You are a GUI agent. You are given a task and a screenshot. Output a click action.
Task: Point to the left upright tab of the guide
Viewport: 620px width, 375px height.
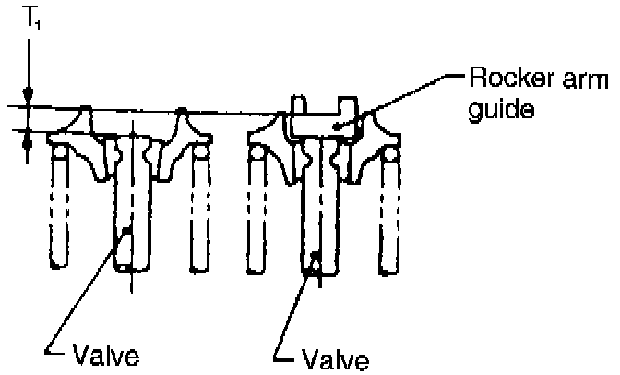[298, 103]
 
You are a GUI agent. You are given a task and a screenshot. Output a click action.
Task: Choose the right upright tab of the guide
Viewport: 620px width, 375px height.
[347, 103]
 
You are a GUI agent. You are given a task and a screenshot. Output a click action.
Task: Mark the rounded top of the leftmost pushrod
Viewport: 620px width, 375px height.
[61, 153]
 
